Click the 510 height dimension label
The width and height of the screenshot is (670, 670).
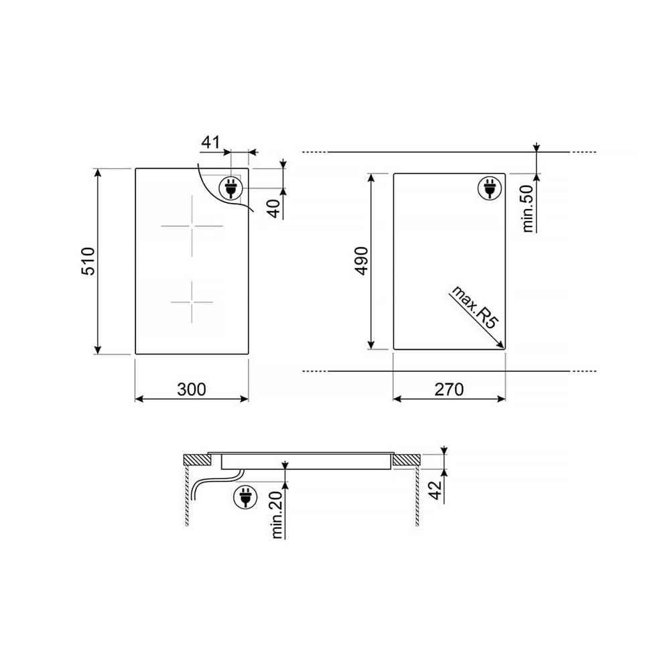pyautogui.click(x=88, y=261)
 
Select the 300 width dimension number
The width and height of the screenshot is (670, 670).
pyautogui.click(x=192, y=389)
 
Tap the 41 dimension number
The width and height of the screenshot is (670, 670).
pyautogui.click(x=210, y=142)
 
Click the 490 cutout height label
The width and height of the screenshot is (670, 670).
pyautogui.click(x=362, y=261)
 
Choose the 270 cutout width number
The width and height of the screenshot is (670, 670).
pyautogui.click(x=449, y=389)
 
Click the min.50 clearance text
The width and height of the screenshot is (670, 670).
pyautogui.click(x=528, y=208)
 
